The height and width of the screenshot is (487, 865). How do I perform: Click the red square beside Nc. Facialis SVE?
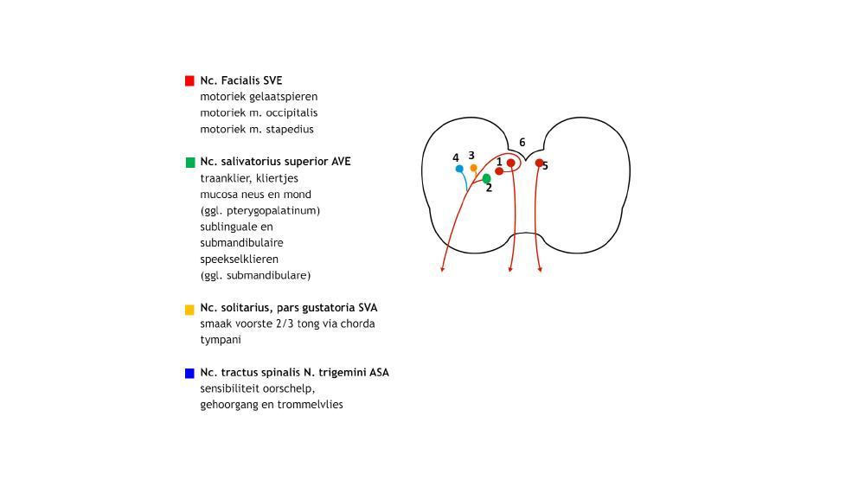189,80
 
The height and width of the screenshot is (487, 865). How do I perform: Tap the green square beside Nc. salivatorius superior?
189,162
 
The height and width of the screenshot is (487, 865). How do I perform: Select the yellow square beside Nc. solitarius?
189,309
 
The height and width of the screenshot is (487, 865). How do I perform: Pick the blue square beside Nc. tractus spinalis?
189,373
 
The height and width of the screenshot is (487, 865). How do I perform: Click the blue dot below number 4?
459,169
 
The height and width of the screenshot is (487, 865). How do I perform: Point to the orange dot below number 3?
473,168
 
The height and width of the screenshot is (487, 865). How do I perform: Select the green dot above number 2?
487,178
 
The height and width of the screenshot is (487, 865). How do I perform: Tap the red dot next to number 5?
539,163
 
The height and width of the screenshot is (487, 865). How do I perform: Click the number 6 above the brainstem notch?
522,143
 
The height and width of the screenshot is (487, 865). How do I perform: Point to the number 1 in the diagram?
499,162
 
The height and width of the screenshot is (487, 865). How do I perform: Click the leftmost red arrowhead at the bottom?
442,270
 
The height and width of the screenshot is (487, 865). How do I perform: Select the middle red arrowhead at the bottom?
509,270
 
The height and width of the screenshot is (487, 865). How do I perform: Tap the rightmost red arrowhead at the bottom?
541,270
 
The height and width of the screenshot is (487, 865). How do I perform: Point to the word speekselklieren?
239,260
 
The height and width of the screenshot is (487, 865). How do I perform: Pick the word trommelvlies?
310,405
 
